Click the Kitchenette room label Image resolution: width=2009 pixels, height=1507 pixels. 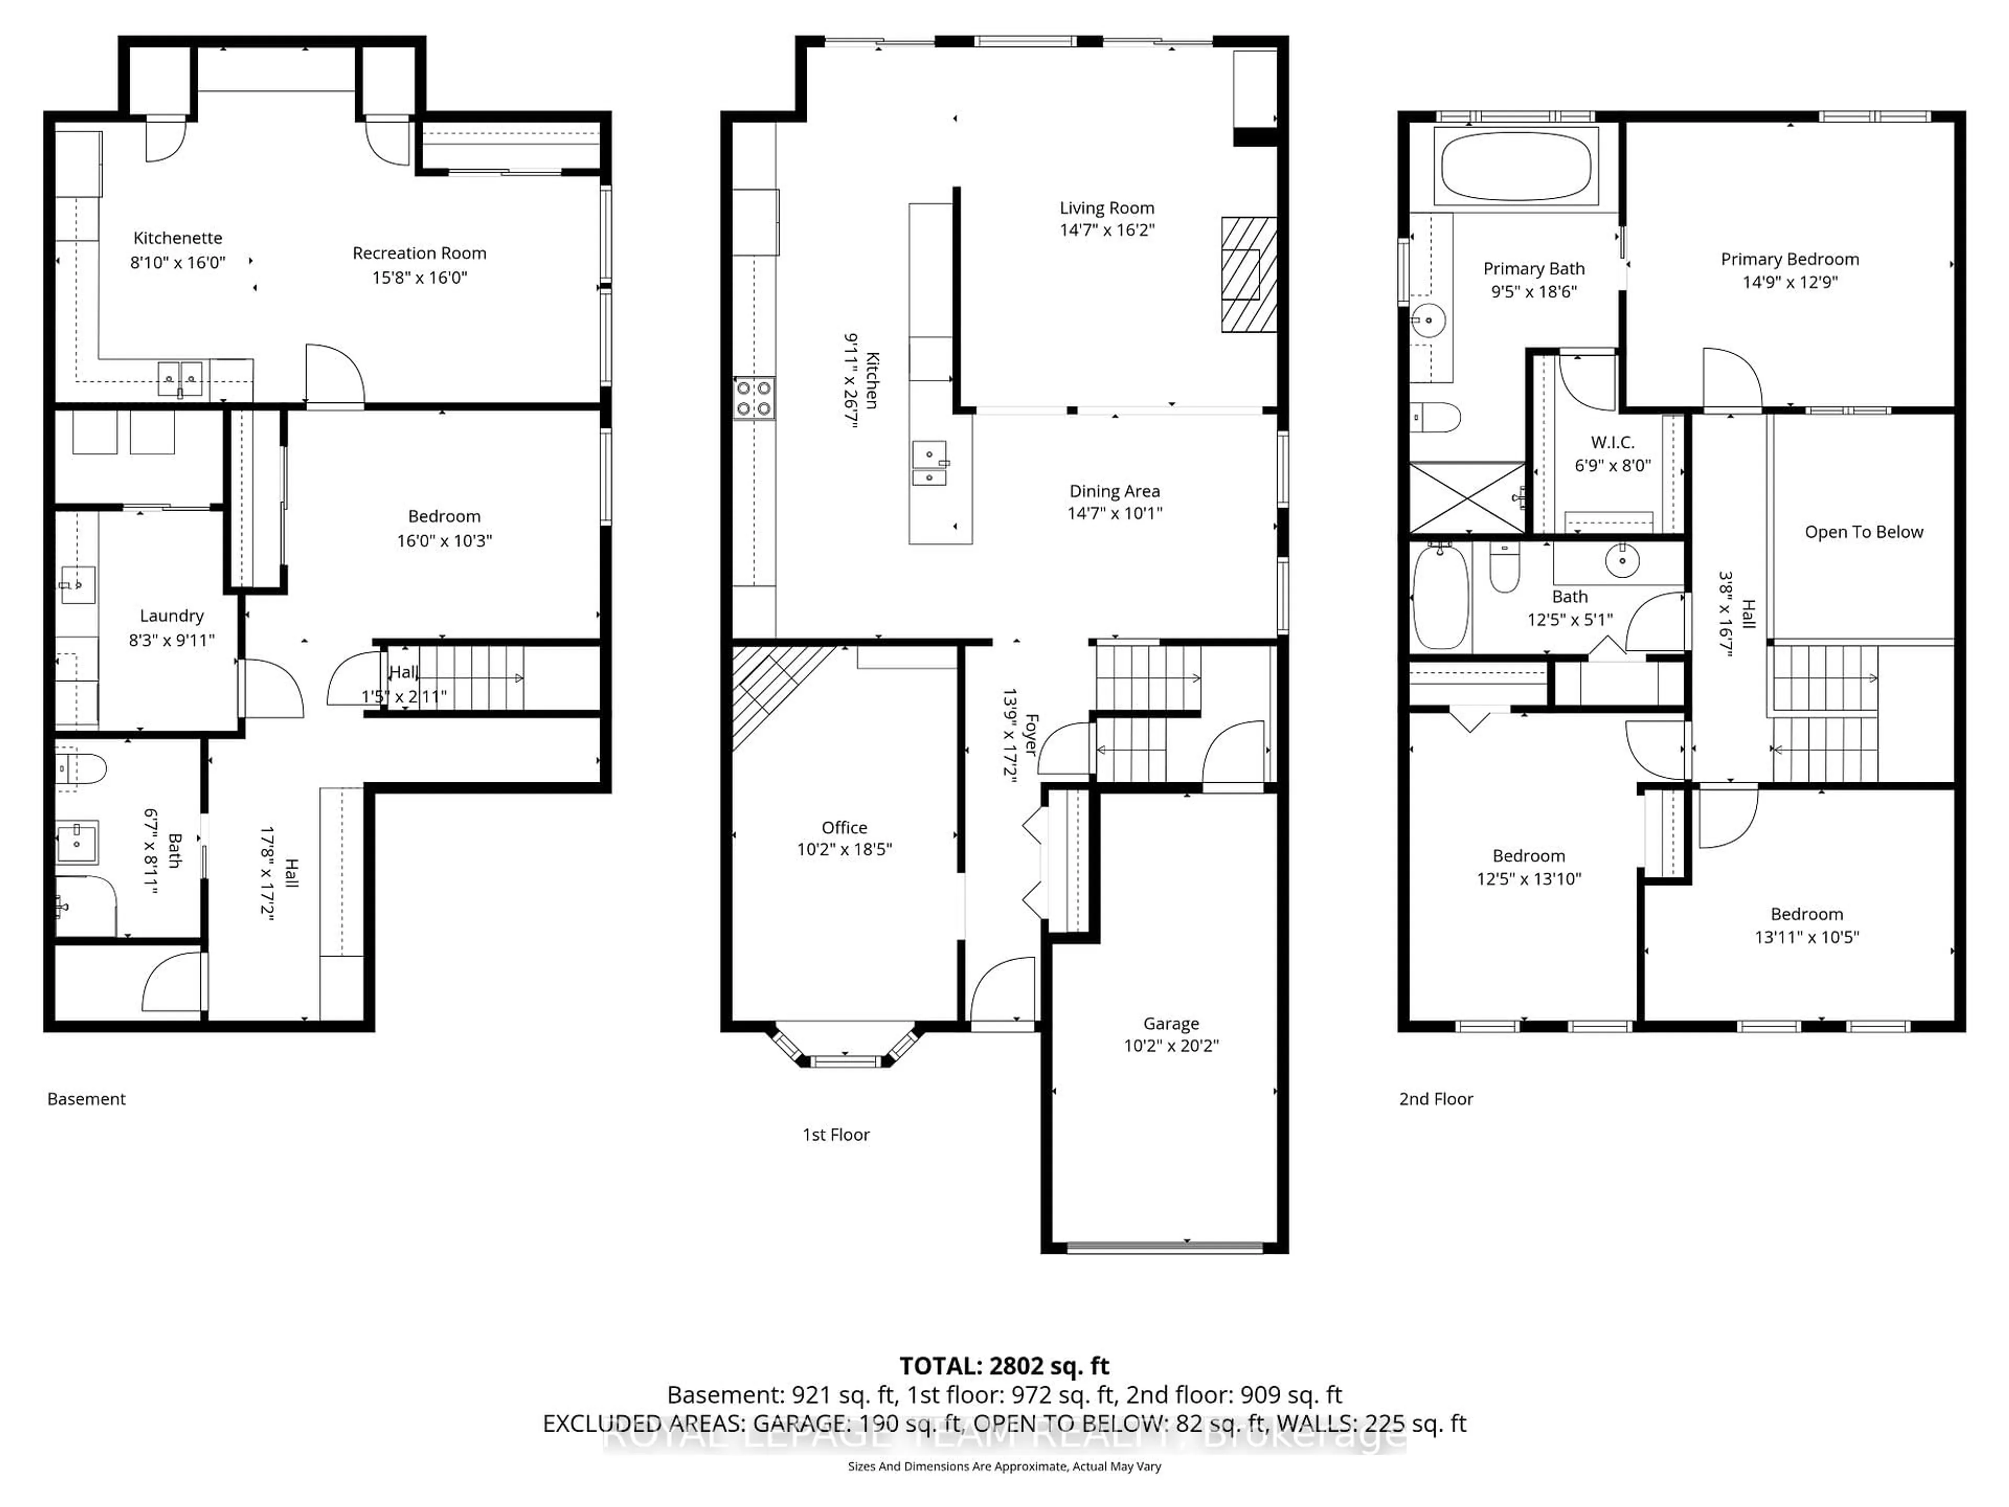(x=177, y=238)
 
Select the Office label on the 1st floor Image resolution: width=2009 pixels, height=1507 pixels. (x=844, y=827)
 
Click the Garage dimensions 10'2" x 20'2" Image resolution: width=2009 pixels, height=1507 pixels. (x=1171, y=1045)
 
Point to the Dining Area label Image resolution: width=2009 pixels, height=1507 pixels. (x=1114, y=491)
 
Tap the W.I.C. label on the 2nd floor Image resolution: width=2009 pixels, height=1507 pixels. (x=1612, y=442)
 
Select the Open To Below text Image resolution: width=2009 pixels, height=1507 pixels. (x=1863, y=532)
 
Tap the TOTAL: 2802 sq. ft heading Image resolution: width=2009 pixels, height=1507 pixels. (x=1003, y=1366)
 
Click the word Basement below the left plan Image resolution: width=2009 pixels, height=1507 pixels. (x=86, y=1099)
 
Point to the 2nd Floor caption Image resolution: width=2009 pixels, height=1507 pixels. (x=1435, y=1099)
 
